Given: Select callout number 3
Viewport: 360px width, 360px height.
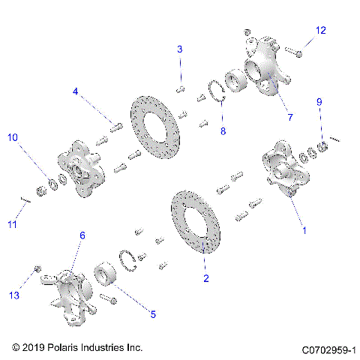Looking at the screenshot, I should (180, 49).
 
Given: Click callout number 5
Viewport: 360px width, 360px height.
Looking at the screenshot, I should (153, 314).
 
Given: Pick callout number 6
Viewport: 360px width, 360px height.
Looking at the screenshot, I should (82, 235).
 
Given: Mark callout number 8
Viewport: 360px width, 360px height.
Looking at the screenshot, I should (222, 130).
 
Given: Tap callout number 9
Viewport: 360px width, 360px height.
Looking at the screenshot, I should (319, 101).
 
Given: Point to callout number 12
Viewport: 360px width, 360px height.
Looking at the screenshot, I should (320, 30).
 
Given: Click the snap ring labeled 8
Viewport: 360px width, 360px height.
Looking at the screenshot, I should (218, 96).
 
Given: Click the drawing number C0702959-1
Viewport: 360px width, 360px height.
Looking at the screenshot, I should (328, 349).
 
